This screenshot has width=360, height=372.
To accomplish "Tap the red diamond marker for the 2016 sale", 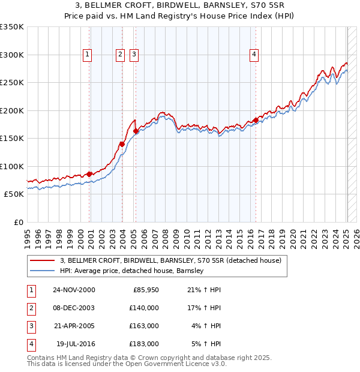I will (x=256, y=120).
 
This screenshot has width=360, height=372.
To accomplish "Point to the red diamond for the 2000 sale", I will (x=89, y=174).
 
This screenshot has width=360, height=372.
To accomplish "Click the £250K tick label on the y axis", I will (x=13, y=83).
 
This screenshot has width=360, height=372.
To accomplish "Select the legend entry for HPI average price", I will (x=132, y=271).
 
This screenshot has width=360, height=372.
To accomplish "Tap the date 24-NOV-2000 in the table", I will (x=74, y=290).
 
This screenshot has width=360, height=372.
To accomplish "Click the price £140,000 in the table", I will (x=144, y=308).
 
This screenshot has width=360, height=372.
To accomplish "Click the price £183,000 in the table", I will (x=144, y=344).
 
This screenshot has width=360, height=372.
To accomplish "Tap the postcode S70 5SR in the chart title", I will (x=266, y=5).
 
